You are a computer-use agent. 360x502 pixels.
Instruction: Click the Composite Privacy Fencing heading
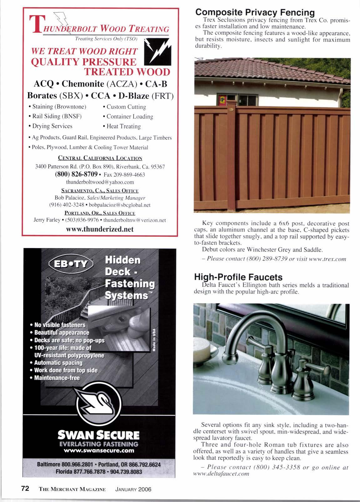[x=255, y=13]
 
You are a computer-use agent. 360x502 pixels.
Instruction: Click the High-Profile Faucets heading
[x=238, y=277]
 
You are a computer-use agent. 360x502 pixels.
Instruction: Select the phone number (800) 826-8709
[x=76, y=174]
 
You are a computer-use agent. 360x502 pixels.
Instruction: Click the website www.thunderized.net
[x=100, y=229]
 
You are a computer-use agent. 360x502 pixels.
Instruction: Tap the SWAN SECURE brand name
[x=99, y=435]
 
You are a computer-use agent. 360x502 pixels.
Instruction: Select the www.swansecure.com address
[x=99, y=451]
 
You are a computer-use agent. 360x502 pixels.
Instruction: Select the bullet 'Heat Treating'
[x=123, y=126]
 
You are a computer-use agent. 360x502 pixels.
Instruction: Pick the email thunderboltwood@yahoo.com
[x=100, y=182]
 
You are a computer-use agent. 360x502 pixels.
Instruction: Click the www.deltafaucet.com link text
[x=221, y=474]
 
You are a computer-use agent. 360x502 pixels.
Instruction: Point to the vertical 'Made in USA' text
[x=154, y=340]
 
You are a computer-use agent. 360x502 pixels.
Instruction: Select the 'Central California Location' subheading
[x=100, y=158]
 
